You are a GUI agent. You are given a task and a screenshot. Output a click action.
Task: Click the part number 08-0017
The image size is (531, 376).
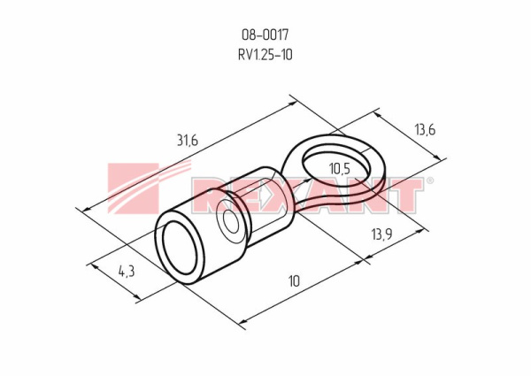265,35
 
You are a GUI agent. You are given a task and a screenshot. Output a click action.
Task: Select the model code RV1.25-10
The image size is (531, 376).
265,55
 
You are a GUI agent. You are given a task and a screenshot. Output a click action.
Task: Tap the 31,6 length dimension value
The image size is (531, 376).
188,140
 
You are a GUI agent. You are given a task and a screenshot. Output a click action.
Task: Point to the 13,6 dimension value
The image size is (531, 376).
425,130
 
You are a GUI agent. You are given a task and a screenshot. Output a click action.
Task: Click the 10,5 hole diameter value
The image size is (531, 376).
339,169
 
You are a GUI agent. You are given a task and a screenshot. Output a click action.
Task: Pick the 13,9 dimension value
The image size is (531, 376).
381,234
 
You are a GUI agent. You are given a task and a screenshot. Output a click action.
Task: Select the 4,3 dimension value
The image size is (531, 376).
127,271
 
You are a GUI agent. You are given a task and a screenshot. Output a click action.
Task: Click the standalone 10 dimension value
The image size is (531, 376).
294,281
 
